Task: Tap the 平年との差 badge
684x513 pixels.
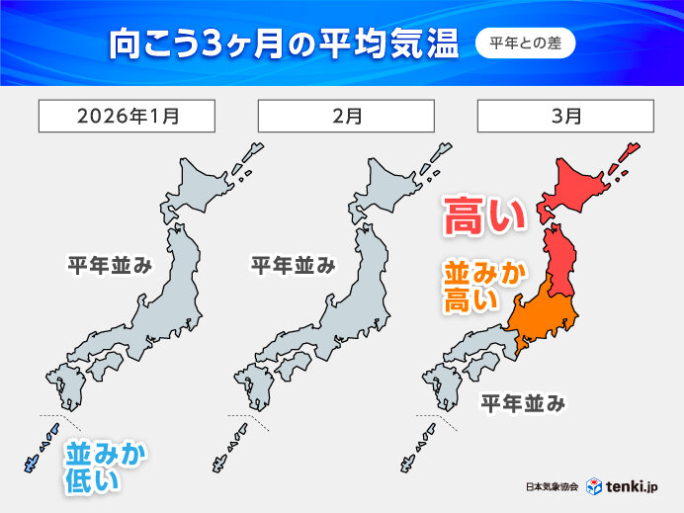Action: point(526,43)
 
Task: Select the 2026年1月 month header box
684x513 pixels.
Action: point(126,116)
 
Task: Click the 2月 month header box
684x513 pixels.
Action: point(345,116)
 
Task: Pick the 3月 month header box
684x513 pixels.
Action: point(564,116)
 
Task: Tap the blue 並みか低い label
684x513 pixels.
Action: point(107,467)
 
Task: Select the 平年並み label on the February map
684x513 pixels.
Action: point(292,265)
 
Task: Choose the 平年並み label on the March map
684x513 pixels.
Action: point(523,402)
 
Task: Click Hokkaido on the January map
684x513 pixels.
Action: point(208,188)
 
